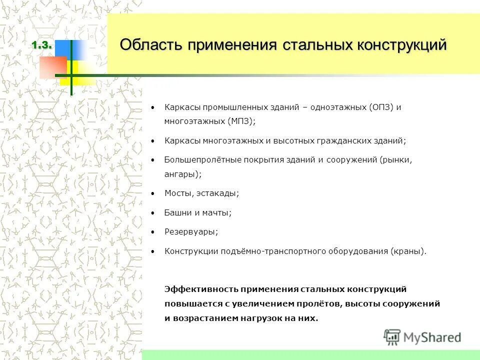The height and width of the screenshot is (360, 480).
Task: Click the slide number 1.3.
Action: point(42,45)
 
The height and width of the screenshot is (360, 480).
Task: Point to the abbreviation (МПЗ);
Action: point(241,121)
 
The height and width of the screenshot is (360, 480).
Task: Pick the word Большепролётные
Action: point(196,160)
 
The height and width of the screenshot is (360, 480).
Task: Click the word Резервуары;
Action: point(191,232)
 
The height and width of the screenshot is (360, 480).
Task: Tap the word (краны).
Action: point(409,251)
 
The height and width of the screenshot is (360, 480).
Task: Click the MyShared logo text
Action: point(432,337)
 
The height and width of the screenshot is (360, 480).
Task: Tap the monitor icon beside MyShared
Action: point(392,337)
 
